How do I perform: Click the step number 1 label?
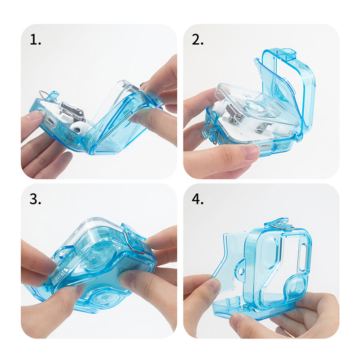pyautogui.click(x=35, y=40)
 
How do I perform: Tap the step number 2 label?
pyautogui.click(x=198, y=40)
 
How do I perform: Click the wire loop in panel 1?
pyautogui.click(x=43, y=94)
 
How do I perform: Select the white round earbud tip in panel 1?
pyautogui.click(x=77, y=129)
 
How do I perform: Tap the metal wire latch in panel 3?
pyautogui.click(x=130, y=242)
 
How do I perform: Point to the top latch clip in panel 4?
pyautogui.click(x=279, y=224)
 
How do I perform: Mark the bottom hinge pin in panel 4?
pyautogui.click(x=246, y=306)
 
